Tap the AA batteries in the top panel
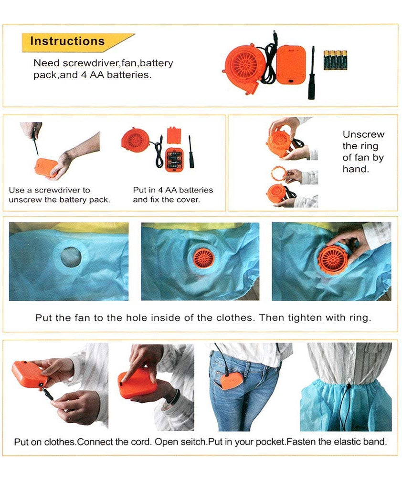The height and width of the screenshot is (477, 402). point(335,60)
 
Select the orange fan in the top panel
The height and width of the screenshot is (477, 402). point(243,69)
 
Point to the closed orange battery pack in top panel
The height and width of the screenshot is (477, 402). point(291,64)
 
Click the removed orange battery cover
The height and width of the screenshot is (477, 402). point(174,136)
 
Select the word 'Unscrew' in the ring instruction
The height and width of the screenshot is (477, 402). point(363,134)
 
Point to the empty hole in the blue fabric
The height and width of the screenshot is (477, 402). point(71,257)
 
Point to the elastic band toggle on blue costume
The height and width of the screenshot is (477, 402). point(348,386)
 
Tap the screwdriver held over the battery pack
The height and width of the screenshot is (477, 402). point(35,142)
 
